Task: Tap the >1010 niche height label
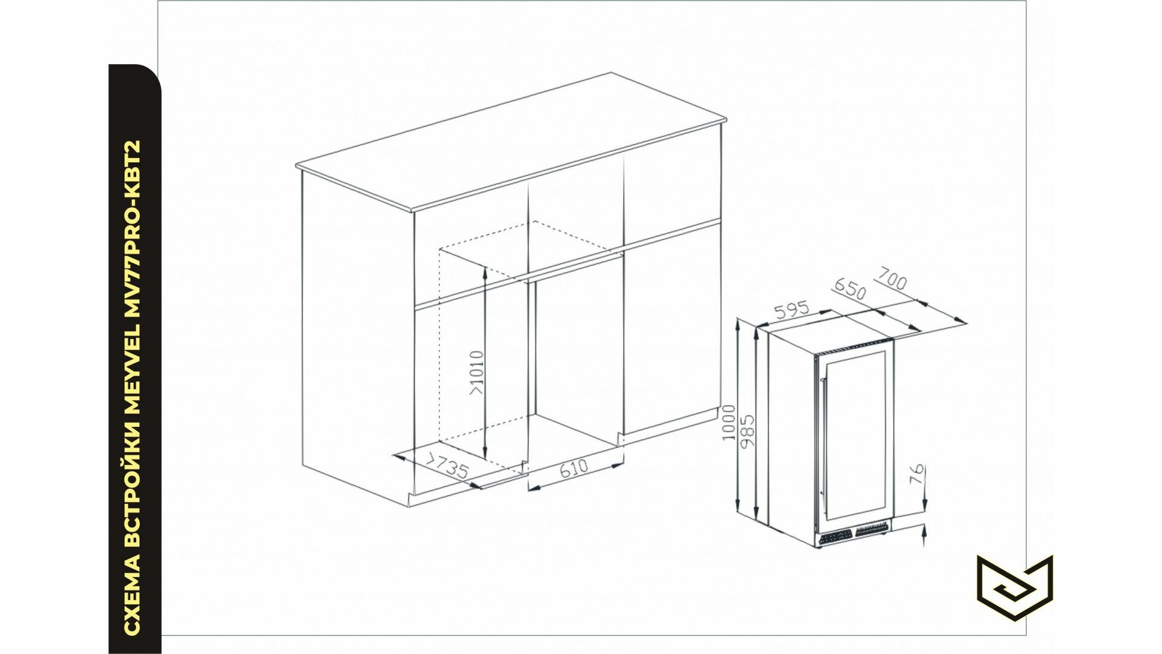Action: [477, 372]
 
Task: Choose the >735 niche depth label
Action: [448, 469]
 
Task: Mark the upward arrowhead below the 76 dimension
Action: [924, 533]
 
